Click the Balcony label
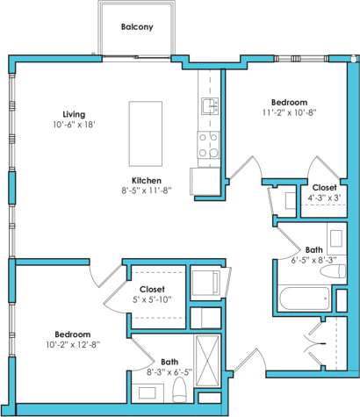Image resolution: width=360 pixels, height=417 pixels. point(136,27)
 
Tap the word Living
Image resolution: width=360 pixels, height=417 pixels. point(74,114)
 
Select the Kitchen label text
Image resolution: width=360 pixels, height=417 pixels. point(145,180)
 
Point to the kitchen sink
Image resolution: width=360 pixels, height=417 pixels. point(209,107)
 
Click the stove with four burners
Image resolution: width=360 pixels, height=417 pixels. point(209,145)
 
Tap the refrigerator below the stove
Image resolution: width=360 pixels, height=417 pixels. point(207,180)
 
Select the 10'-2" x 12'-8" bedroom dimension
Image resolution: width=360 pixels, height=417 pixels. point(72,345)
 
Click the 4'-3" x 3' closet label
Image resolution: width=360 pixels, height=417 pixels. point(323,198)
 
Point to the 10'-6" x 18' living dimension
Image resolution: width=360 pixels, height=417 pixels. point(74,125)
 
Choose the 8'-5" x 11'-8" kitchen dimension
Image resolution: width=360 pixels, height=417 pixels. point(145,191)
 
